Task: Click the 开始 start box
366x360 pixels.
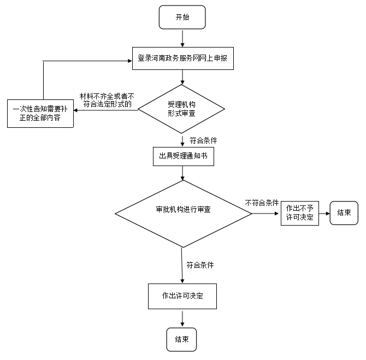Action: pos(182,17)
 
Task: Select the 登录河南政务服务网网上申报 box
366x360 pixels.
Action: pos(183,58)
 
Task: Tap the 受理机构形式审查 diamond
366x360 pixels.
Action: pos(182,108)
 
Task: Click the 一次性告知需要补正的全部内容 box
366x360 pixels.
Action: pos(39,113)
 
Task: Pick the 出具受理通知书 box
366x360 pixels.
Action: pos(183,156)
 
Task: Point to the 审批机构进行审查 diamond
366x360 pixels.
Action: pos(183,210)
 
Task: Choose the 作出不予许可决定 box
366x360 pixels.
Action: pos(300,213)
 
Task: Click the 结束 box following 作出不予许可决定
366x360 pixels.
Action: pos(344,213)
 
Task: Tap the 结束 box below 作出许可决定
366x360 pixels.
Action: pos(181,339)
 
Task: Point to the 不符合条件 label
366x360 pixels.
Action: pos(262,203)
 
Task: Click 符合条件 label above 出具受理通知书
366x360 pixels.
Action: pos(203,140)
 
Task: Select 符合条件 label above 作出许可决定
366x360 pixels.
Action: pos(200,265)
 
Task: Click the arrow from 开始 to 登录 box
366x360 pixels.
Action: pos(182,37)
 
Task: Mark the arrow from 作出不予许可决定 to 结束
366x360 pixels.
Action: pos(324,213)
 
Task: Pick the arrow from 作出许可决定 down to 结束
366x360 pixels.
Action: pos(182,319)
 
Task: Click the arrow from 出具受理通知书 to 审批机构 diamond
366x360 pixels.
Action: pos(182,173)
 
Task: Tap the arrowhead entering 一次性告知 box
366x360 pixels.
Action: pos(76,110)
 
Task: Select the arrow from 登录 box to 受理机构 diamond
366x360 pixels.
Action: pos(182,77)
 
